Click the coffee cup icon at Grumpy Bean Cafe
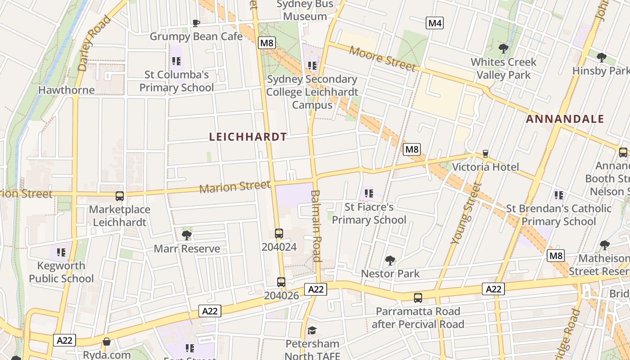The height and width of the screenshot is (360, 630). point(196,23)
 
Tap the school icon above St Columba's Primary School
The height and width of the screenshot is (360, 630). point(176,61)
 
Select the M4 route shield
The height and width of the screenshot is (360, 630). point(435,23)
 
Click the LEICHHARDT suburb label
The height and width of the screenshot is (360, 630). point(248,137)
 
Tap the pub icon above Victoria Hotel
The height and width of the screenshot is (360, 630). point(485,154)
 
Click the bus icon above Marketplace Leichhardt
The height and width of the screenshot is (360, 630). point(120,196)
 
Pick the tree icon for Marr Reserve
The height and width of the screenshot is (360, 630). point(186,235)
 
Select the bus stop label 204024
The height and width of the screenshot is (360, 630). point(279,247)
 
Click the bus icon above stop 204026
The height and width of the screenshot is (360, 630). point(281,282)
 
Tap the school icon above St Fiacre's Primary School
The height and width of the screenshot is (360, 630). point(369,194)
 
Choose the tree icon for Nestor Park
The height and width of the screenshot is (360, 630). point(390,260)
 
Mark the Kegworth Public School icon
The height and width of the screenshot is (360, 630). point(61,252)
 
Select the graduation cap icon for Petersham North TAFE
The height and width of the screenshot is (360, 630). point(312,331)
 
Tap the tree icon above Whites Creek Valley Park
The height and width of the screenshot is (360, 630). point(503,49)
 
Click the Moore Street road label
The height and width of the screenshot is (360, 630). point(382,59)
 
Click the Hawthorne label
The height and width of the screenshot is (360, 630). point(66,90)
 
